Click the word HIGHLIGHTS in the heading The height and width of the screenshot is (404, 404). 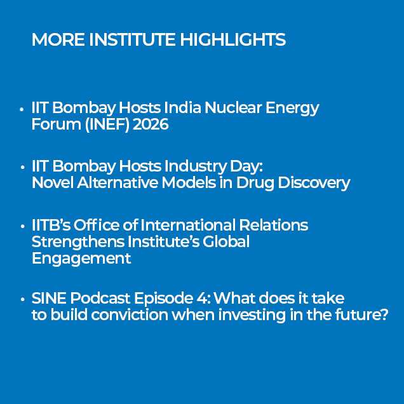pyautogui.click(x=232, y=39)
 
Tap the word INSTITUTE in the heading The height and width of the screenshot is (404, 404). pyautogui.click(x=132, y=39)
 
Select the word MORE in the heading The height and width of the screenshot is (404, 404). pyautogui.click(x=58, y=39)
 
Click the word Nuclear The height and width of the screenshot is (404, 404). pyautogui.click(x=233, y=107)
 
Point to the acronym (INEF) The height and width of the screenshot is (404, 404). pyautogui.click(x=107, y=125)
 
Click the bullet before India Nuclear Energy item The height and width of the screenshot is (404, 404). pyautogui.click(x=22, y=109)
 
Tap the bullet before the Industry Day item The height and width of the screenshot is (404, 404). pyautogui.click(x=23, y=168)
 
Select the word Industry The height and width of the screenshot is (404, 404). pyautogui.click(x=195, y=166)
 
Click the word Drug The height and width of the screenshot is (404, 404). pyautogui.click(x=255, y=183)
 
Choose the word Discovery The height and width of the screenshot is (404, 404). pyautogui.click(x=314, y=183)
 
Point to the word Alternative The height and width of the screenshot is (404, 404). pyautogui.click(x=118, y=183)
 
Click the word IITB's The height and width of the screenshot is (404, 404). pyautogui.click(x=51, y=225)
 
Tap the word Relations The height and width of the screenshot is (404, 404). pyautogui.click(x=273, y=225)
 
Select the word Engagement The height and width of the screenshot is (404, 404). pyautogui.click(x=81, y=259)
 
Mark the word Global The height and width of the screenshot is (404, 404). pyautogui.click(x=226, y=241)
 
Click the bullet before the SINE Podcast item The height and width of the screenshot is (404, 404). pyautogui.click(x=23, y=299)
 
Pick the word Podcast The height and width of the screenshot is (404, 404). pyautogui.click(x=100, y=298)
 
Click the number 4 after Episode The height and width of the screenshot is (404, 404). pyautogui.click(x=202, y=299)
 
